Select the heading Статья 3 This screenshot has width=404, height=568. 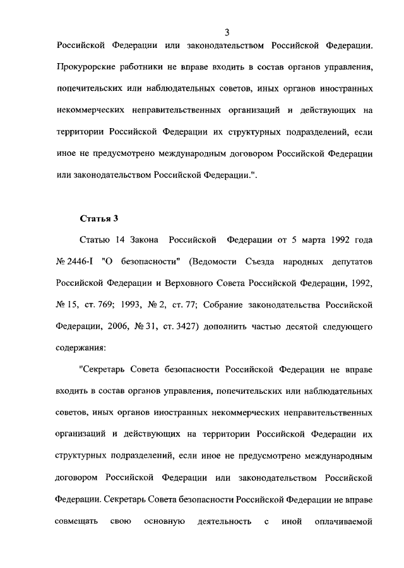pos(99,218)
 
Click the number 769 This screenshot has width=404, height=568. pos(121,305)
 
